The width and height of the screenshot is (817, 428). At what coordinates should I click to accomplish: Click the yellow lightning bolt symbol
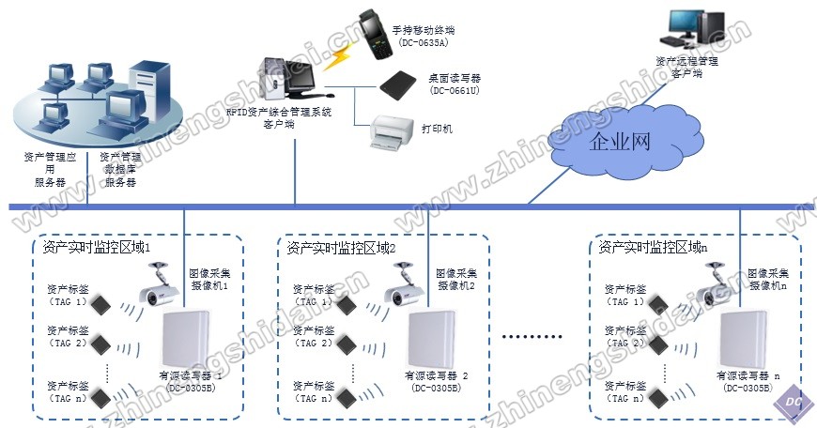tap(334, 59)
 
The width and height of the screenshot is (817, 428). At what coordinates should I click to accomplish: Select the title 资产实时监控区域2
tap(341, 248)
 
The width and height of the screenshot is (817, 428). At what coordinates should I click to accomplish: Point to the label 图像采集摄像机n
tap(768, 279)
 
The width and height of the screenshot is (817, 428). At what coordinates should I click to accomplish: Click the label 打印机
tap(437, 128)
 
